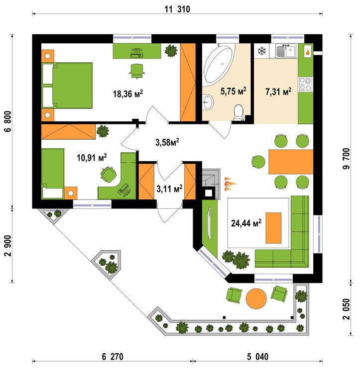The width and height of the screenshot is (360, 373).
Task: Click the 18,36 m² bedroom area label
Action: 126,93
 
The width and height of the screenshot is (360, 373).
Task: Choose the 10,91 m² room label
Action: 92,158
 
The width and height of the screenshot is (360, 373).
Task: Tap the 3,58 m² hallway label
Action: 167,142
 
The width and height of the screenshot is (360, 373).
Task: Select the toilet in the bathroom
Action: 239,112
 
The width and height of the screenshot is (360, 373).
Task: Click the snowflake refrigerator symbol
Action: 261,51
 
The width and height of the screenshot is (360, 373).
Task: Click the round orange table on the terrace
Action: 257,298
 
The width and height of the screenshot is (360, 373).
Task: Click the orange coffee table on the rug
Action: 273,227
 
